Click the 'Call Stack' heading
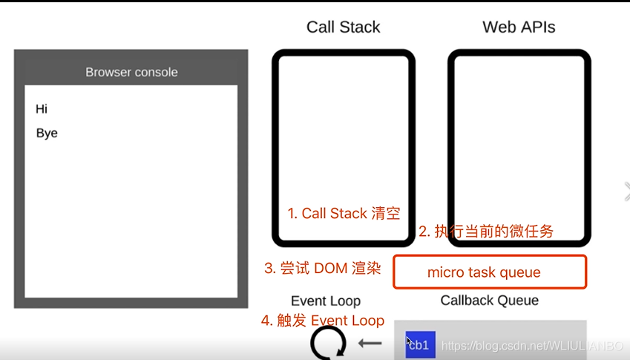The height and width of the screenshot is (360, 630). (x=343, y=27)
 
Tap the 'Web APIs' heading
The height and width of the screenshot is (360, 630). (x=519, y=27)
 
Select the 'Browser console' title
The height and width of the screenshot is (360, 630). (x=131, y=72)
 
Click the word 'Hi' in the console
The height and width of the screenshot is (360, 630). (x=42, y=109)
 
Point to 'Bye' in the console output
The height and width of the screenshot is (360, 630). (x=47, y=134)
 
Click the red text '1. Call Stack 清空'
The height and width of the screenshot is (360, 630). (x=344, y=214)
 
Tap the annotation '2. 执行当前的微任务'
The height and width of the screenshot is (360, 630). (x=486, y=232)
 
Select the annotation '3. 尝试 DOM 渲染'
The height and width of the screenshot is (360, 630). (x=323, y=269)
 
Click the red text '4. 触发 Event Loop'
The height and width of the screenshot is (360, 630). (x=323, y=321)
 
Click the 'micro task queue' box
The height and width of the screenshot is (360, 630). (x=490, y=272)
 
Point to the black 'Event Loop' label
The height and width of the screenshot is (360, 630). (x=326, y=301)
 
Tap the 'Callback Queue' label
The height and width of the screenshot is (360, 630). (x=490, y=301)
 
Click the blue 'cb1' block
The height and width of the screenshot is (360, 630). (x=420, y=345)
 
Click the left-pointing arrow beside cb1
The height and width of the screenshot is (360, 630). (x=370, y=344)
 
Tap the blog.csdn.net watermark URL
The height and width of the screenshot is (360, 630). (x=531, y=346)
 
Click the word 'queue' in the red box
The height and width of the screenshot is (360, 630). (x=519, y=272)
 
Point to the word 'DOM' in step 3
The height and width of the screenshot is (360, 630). (x=330, y=269)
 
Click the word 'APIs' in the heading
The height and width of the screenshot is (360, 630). (x=538, y=27)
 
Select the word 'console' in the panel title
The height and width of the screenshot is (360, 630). (x=156, y=72)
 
